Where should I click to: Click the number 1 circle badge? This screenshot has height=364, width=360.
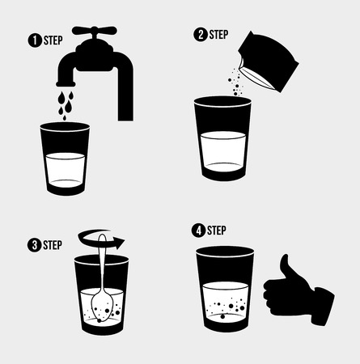tap(35, 40)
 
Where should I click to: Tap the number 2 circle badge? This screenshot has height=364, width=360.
tap(201, 35)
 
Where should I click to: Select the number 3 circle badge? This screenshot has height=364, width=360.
tap(34, 245)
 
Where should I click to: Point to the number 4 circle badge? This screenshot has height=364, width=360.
tap(198, 231)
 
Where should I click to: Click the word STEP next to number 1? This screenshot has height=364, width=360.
tap(53, 40)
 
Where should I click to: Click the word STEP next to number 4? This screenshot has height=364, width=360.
tap(217, 231)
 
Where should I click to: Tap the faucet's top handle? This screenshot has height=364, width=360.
tap(95, 30)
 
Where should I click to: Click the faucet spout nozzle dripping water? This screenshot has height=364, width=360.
tap(66, 83)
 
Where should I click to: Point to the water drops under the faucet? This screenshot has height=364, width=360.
tap(66, 105)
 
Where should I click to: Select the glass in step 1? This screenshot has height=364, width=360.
tap(65, 159)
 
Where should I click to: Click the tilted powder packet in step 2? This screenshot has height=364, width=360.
tap(269, 62)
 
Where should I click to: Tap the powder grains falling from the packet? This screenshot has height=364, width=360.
tap(235, 82)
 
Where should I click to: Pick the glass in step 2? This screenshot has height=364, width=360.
tap(222, 139)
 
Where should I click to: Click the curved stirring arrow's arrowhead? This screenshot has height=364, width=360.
tap(119, 243)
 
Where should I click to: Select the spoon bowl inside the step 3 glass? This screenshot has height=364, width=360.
tap(102, 305)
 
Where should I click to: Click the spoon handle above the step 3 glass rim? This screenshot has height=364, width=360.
tap(103, 244)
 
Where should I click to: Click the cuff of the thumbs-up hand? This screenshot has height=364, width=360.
tap(324, 307)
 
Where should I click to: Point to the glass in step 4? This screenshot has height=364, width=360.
tap(225, 290)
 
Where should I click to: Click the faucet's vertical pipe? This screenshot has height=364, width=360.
tap(125, 91)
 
